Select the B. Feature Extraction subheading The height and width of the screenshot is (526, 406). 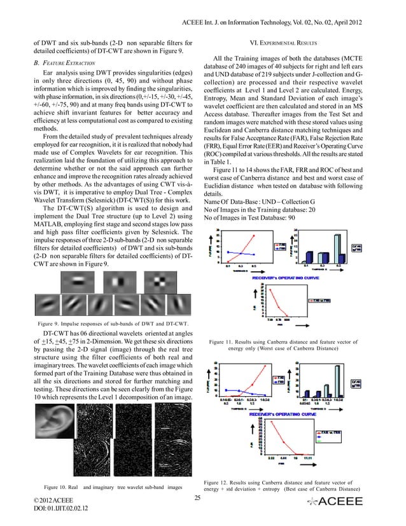coord(60,64)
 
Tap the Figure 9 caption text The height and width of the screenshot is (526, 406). coord(101,324)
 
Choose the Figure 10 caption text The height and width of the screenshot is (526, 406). coord(105,488)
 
